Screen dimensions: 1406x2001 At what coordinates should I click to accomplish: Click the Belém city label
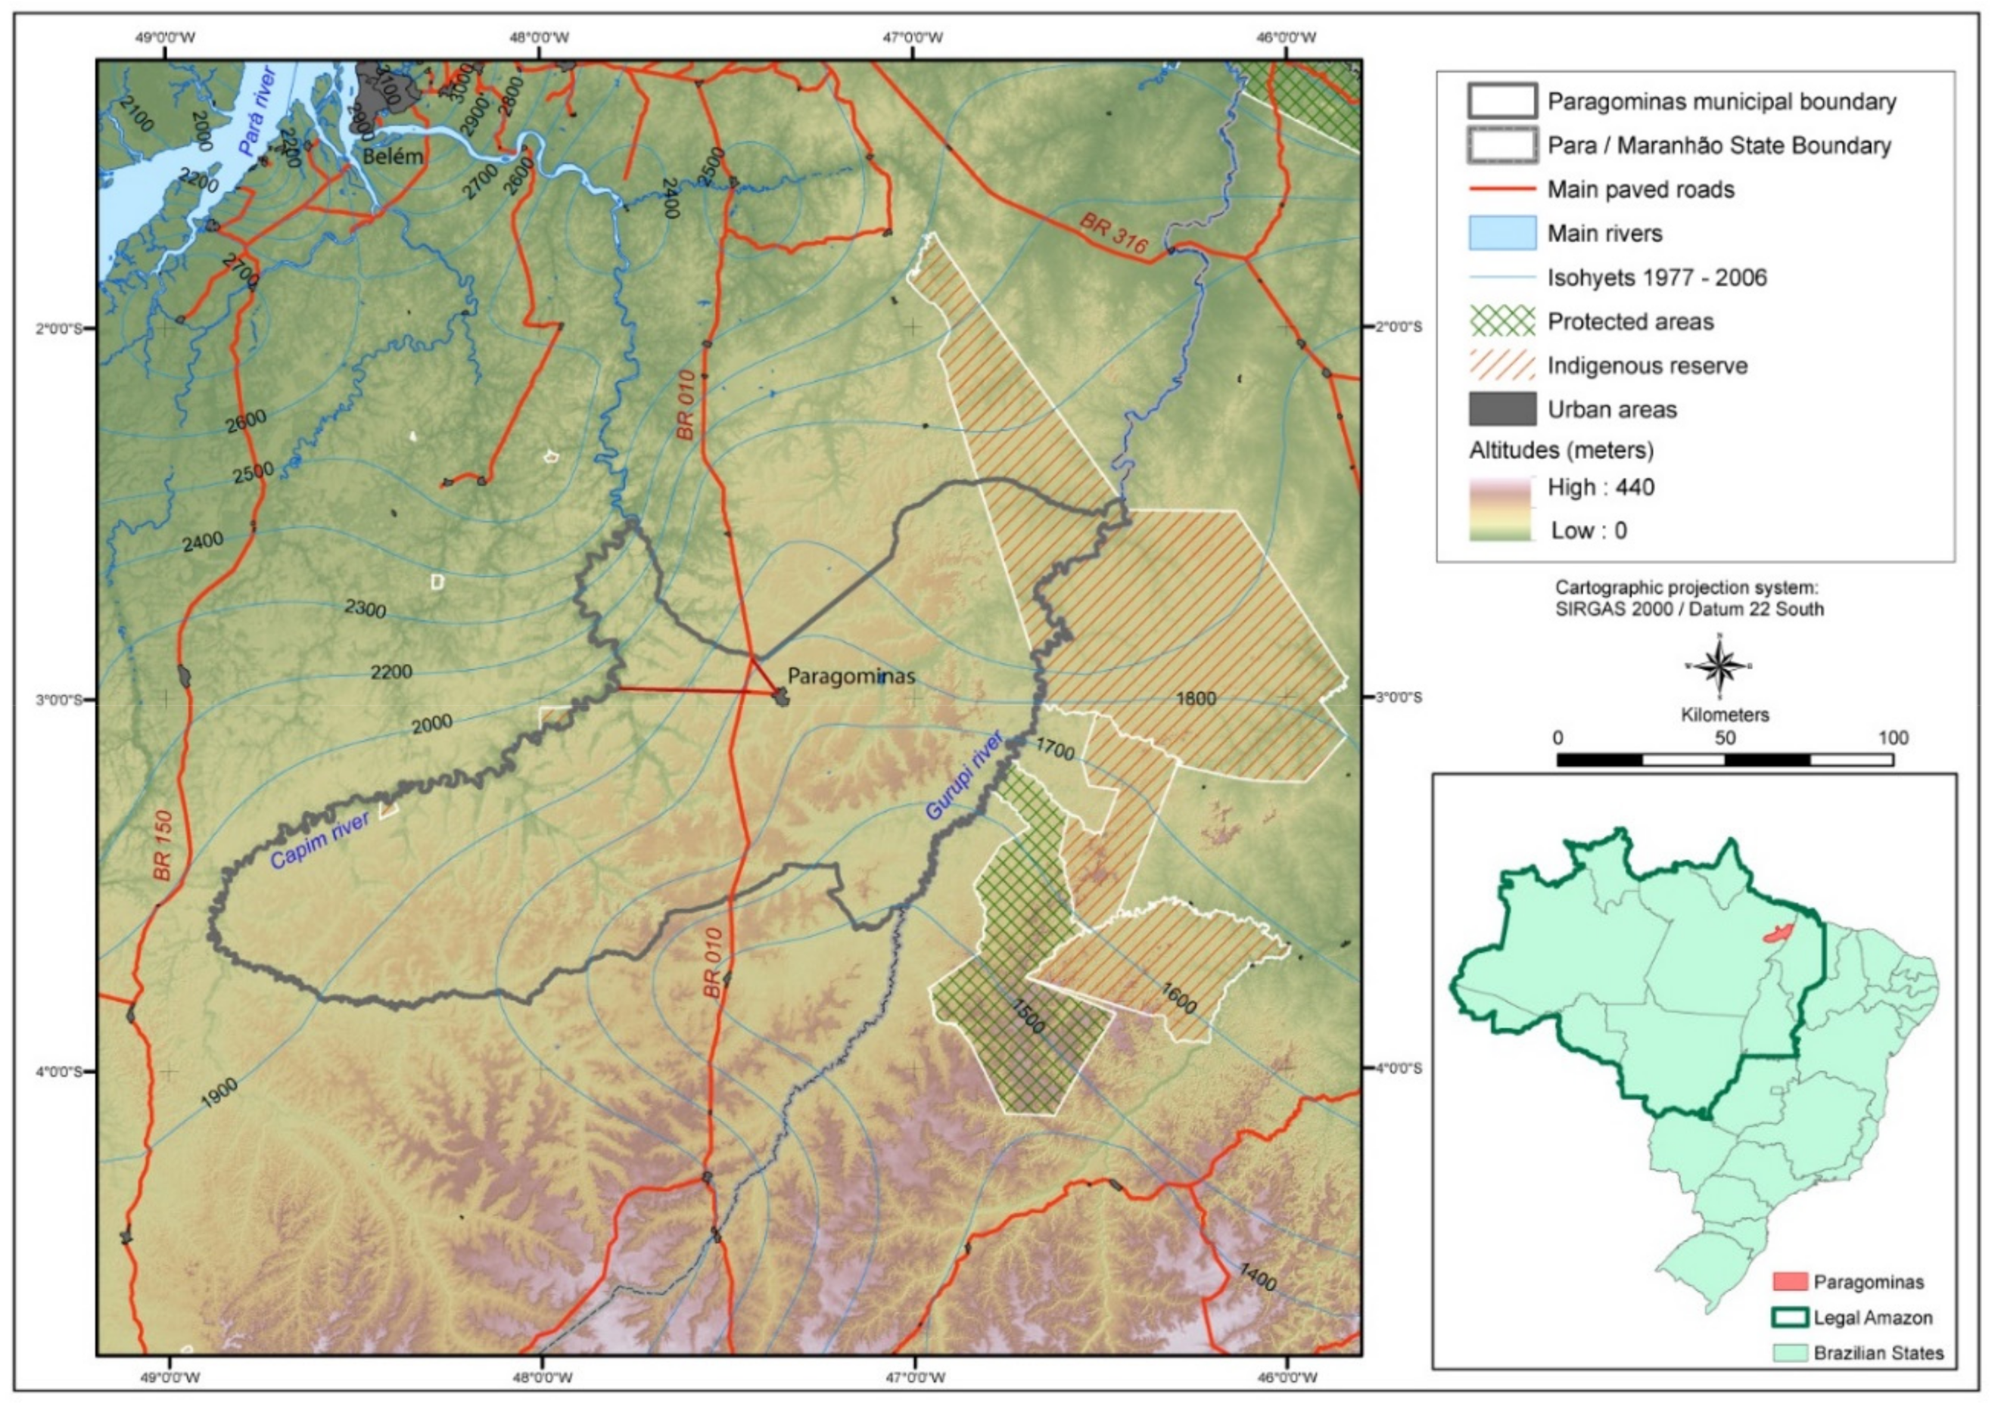393,157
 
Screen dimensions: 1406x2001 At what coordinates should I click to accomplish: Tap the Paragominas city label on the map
851,676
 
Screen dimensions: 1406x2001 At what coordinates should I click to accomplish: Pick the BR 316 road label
1114,234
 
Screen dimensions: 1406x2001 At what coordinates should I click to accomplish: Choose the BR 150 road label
163,845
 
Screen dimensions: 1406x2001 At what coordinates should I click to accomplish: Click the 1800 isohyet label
1196,698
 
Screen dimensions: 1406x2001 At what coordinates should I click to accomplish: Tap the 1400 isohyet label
1256,1277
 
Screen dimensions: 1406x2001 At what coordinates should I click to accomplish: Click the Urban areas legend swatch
1502,409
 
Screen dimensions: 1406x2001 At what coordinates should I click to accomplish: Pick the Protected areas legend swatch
1502,321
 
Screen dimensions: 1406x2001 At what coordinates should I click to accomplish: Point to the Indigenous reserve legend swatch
1502,366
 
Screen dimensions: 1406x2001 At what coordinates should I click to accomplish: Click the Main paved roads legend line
1502,189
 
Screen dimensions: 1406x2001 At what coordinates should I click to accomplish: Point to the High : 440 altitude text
1600,487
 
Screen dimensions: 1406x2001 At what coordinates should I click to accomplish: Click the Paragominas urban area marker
782,696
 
